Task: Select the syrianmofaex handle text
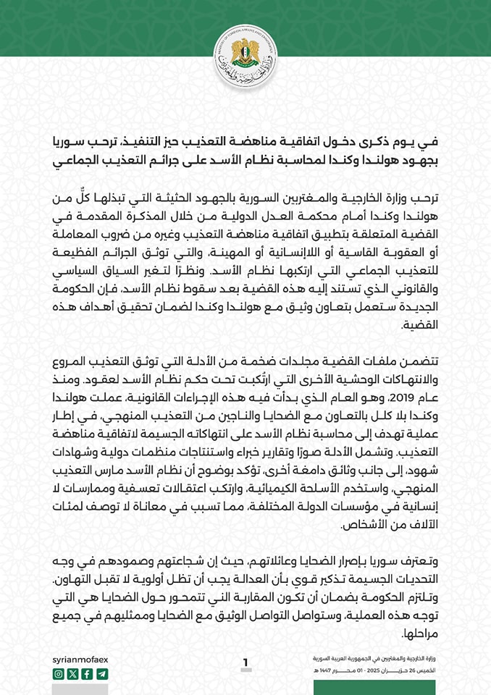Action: [80, 660]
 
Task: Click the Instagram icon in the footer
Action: [59, 674]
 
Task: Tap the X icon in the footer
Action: [72, 674]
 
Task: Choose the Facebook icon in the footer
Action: [87, 674]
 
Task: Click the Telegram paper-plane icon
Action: [101, 674]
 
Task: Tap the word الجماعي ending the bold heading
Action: [77, 159]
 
